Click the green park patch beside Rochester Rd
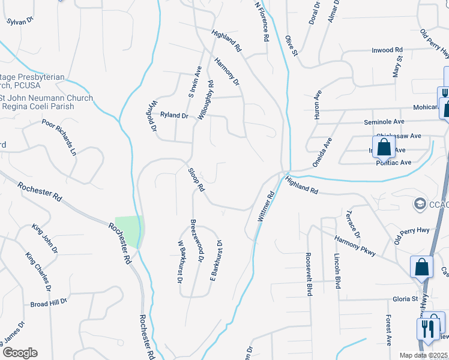click(x=130, y=230)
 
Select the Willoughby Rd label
click(x=204, y=101)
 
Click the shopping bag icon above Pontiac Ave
click(x=383, y=147)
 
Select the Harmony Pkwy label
click(x=356, y=245)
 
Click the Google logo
click(x=19, y=353)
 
